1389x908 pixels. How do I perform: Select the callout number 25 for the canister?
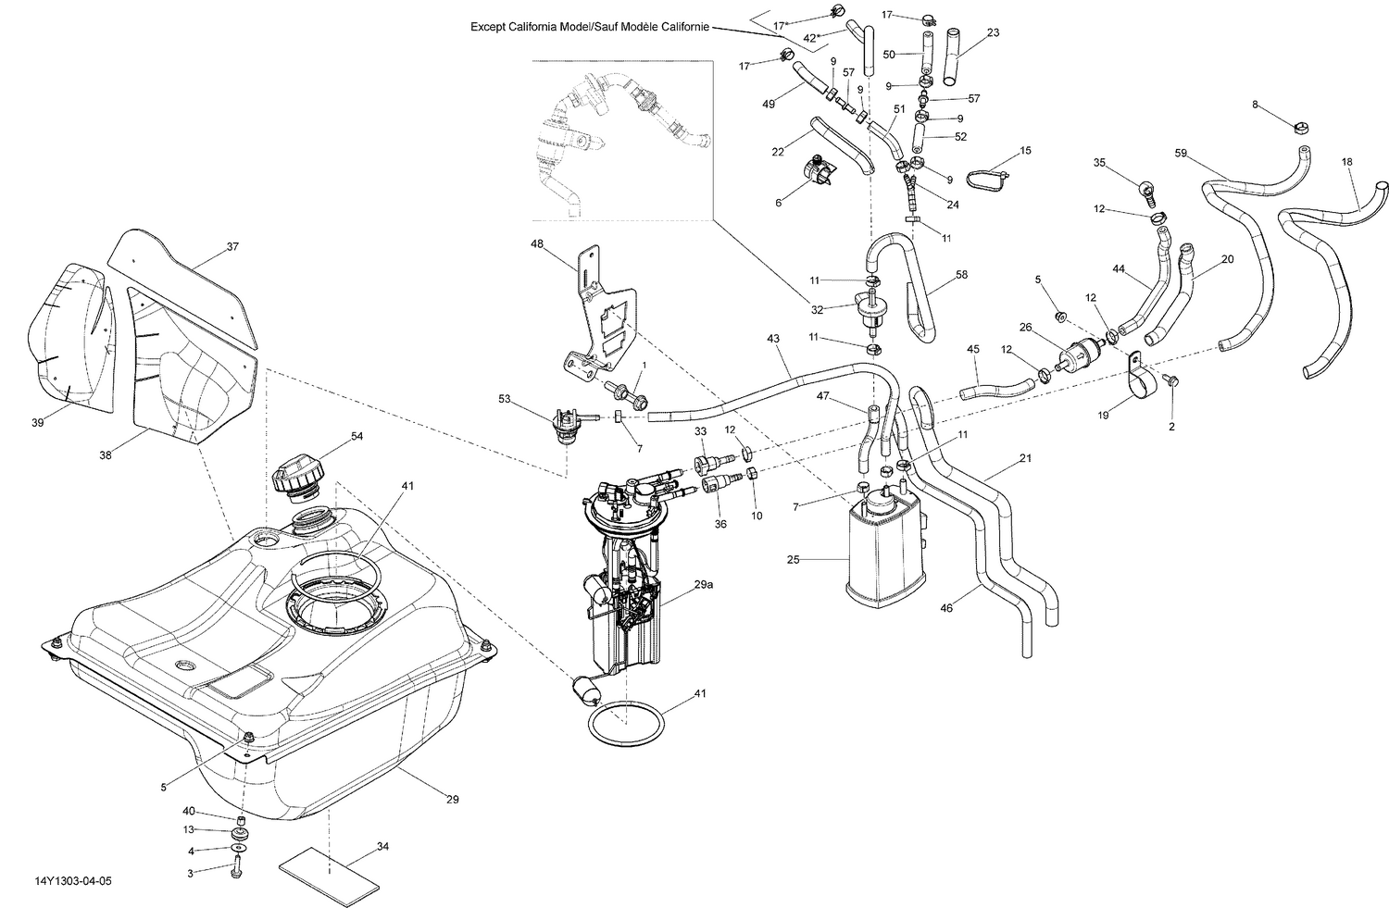click(793, 560)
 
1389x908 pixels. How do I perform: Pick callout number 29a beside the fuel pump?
click(703, 584)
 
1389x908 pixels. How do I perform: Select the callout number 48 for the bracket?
click(536, 244)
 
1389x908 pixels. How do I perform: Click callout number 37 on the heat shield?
click(232, 247)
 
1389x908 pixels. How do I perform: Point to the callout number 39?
click(38, 422)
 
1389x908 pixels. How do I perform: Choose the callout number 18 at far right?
click(1346, 162)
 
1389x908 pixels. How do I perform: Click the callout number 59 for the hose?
click(1181, 153)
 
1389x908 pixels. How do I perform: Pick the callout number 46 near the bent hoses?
click(946, 609)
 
